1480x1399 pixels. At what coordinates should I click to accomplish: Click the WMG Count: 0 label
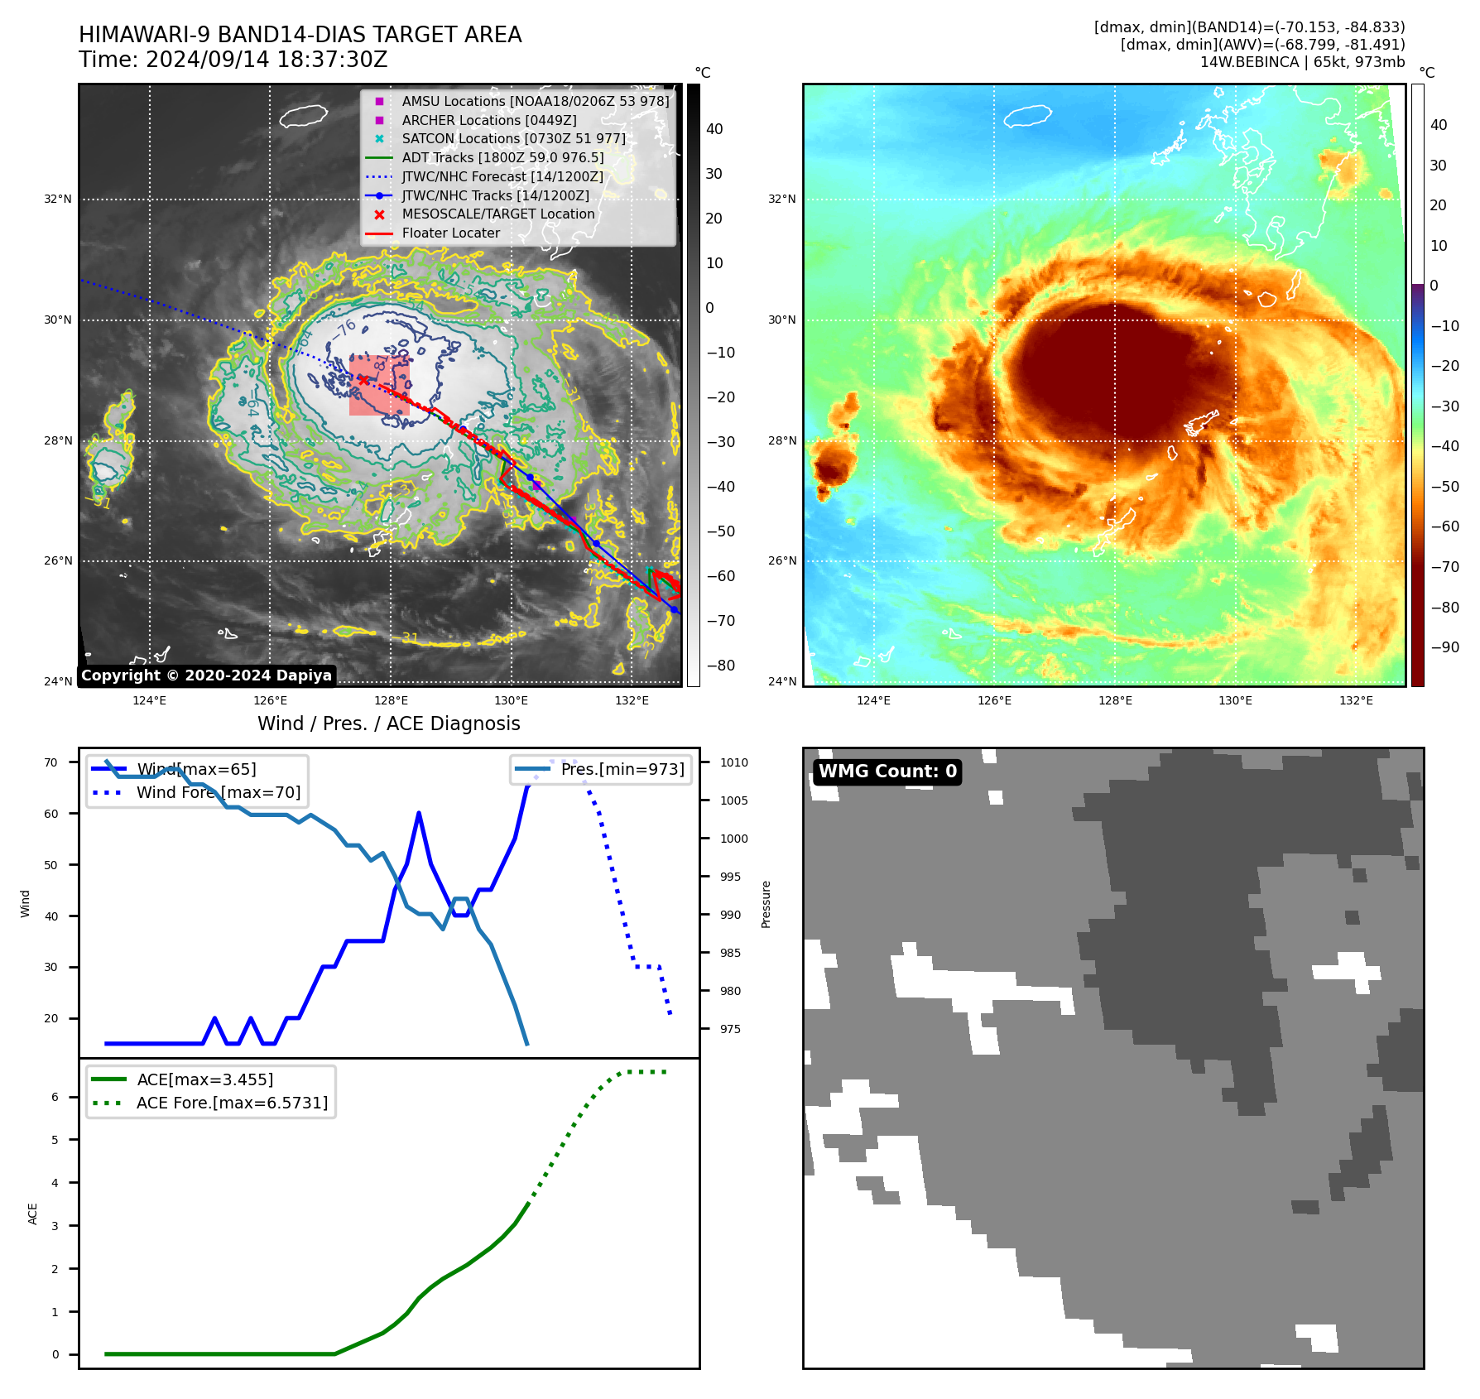(x=887, y=772)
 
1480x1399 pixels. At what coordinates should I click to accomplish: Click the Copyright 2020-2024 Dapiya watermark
(x=206, y=675)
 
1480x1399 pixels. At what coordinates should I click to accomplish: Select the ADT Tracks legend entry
(x=502, y=157)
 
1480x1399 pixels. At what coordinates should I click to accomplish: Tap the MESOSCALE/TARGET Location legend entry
(x=497, y=214)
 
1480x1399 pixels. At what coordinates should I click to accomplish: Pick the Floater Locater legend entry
(x=450, y=233)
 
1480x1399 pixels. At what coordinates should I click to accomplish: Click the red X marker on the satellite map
(x=363, y=380)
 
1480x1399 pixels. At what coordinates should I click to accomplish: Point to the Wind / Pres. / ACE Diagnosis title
(x=388, y=724)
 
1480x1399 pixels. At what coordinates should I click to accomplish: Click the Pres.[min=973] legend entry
(x=622, y=769)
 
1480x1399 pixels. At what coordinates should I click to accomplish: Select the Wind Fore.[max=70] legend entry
(x=219, y=792)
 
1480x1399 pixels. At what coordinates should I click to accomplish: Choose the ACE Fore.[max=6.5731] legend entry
(x=232, y=1103)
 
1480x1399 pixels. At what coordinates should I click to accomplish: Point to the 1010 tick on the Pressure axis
(x=733, y=762)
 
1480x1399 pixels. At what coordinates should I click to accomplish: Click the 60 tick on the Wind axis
(x=51, y=814)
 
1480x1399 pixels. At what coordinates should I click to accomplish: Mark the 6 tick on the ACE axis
(x=55, y=1097)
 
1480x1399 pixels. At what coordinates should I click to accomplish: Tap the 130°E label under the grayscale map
(x=511, y=700)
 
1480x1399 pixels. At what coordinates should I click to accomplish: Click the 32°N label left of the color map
(x=781, y=199)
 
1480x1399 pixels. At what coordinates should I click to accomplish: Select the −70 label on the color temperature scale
(x=1444, y=567)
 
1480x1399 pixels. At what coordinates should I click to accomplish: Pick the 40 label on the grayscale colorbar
(x=714, y=129)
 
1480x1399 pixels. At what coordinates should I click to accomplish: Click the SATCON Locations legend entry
(x=513, y=138)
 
